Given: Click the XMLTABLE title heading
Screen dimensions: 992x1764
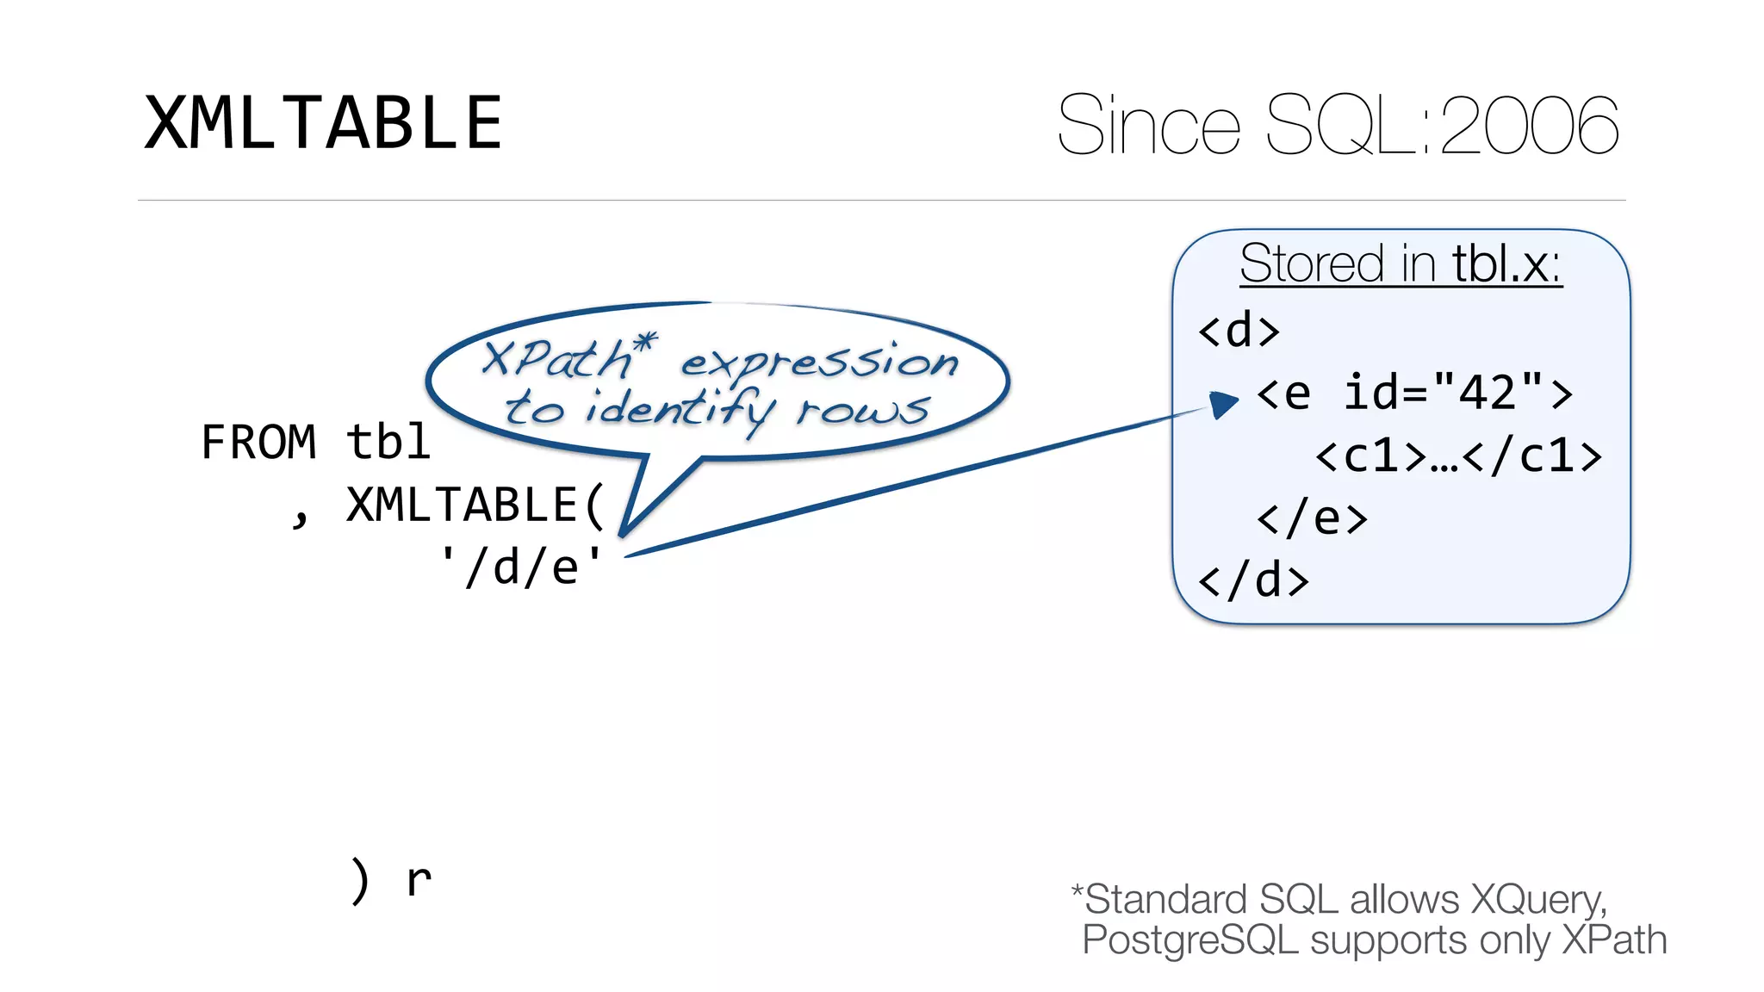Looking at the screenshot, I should point(323,123).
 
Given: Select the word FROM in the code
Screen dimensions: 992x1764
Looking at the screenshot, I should point(258,443).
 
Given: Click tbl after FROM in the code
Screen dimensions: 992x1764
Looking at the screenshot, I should point(388,443).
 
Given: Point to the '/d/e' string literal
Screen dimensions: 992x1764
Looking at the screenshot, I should point(520,567).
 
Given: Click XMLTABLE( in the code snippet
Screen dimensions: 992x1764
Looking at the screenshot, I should point(475,505).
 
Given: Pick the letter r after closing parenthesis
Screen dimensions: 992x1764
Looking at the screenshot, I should point(419,881).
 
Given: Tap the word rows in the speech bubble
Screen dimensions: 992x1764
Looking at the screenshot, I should point(863,410).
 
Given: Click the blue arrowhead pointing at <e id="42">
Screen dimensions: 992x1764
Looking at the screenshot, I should point(1222,403).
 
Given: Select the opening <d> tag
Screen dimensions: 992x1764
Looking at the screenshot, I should point(1239,331).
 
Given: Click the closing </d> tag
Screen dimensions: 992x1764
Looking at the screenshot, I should point(1253,580).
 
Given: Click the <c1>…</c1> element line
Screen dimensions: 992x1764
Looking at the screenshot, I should point(1457,456).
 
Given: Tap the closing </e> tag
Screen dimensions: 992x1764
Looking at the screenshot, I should point(1311,518).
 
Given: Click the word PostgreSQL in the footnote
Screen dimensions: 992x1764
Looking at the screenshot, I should point(1189,939).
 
